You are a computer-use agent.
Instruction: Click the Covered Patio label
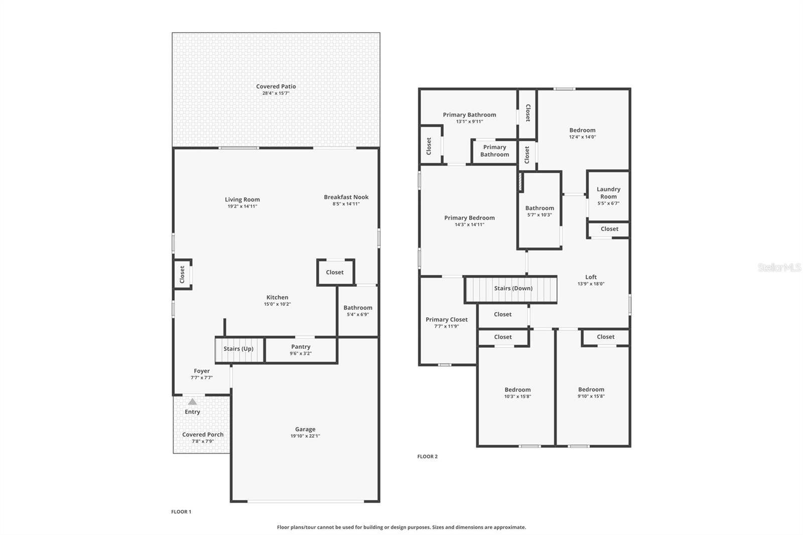click(x=276, y=86)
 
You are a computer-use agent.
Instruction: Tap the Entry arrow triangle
click(x=192, y=402)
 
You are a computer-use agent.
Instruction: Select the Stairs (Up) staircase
click(x=239, y=349)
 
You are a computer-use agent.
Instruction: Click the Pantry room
click(x=301, y=350)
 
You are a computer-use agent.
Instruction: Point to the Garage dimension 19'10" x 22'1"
click(x=305, y=436)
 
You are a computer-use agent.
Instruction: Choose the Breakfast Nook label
click(x=346, y=197)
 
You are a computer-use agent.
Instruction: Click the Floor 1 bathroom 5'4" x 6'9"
click(x=358, y=311)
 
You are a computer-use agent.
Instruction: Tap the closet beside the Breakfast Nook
click(x=335, y=273)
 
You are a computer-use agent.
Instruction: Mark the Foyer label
click(x=202, y=371)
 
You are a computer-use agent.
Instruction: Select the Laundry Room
click(x=608, y=196)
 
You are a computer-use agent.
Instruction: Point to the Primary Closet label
click(x=447, y=320)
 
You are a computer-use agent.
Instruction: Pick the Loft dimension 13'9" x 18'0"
click(x=591, y=284)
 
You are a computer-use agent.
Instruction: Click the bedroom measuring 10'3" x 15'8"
click(x=517, y=393)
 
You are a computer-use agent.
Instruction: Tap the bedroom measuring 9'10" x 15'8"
click(x=591, y=393)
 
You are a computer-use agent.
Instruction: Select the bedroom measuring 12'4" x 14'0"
click(x=582, y=133)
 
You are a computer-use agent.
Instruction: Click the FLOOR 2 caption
click(x=428, y=457)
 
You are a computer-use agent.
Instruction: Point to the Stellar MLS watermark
click(x=779, y=268)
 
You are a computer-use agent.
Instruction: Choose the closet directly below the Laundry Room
click(x=609, y=229)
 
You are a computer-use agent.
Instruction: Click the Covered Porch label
click(x=203, y=435)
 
